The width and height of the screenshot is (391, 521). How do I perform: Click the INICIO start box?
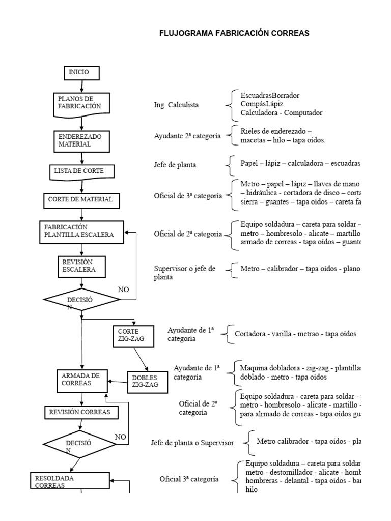click(81, 73)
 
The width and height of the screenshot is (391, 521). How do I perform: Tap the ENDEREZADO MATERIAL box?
click(81, 140)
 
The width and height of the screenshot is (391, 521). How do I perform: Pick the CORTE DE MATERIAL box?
click(81, 199)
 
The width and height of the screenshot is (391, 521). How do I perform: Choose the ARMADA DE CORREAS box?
click(81, 380)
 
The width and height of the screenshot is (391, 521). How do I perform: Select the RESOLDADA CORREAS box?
click(71, 481)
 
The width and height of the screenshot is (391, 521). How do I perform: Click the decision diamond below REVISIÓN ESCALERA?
click(81, 300)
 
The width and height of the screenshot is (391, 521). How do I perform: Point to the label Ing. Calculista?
click(176, 105)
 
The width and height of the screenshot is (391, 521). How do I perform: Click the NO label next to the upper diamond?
click(124, 289)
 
